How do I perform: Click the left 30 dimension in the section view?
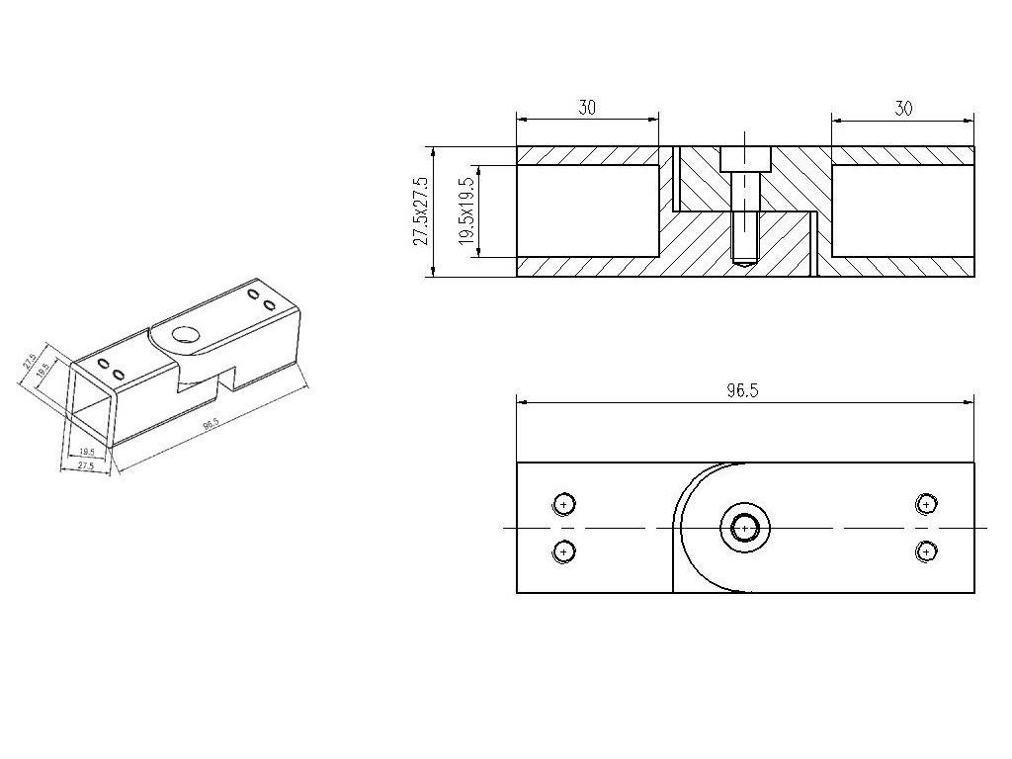587,108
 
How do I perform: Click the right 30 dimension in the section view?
902,108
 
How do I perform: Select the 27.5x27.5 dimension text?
422,211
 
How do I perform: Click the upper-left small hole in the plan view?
563,504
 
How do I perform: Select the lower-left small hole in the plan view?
563,550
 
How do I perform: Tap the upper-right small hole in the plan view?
926,504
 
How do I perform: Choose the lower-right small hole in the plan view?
926,550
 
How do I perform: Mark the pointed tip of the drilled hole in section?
744,263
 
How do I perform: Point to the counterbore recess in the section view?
744,159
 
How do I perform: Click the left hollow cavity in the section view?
588,211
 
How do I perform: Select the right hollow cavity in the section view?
902,211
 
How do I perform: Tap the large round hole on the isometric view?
185,334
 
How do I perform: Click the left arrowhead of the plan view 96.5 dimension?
522,402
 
